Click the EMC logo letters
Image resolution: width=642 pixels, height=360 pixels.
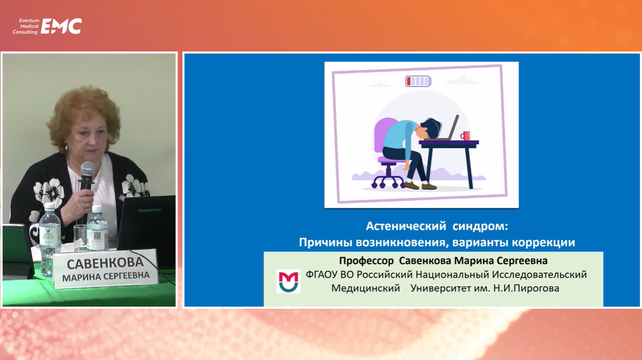(x=61, y=26)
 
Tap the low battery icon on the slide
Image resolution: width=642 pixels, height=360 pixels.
(x=418, y=81)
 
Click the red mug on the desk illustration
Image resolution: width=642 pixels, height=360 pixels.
(x=465, y=136)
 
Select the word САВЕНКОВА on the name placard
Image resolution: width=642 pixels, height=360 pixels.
(x=105, y=263)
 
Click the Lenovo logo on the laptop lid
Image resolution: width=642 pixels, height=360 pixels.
(x=149, y=210)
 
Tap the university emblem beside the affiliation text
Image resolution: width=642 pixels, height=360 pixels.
(x=288, y=281)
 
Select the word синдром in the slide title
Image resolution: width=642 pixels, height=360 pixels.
(x=480, y=226)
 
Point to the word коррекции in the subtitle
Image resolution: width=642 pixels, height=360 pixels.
(x=543, y=243)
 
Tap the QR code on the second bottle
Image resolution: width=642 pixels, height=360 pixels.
(x=97, y=235)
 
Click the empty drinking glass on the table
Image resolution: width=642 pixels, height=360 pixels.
(x=80, y=238)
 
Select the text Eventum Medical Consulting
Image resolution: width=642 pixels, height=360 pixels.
(x=26, y=26)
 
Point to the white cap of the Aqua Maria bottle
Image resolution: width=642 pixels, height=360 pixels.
(x=49, y=205)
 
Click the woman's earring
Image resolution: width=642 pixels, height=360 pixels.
(x=66, y=147)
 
